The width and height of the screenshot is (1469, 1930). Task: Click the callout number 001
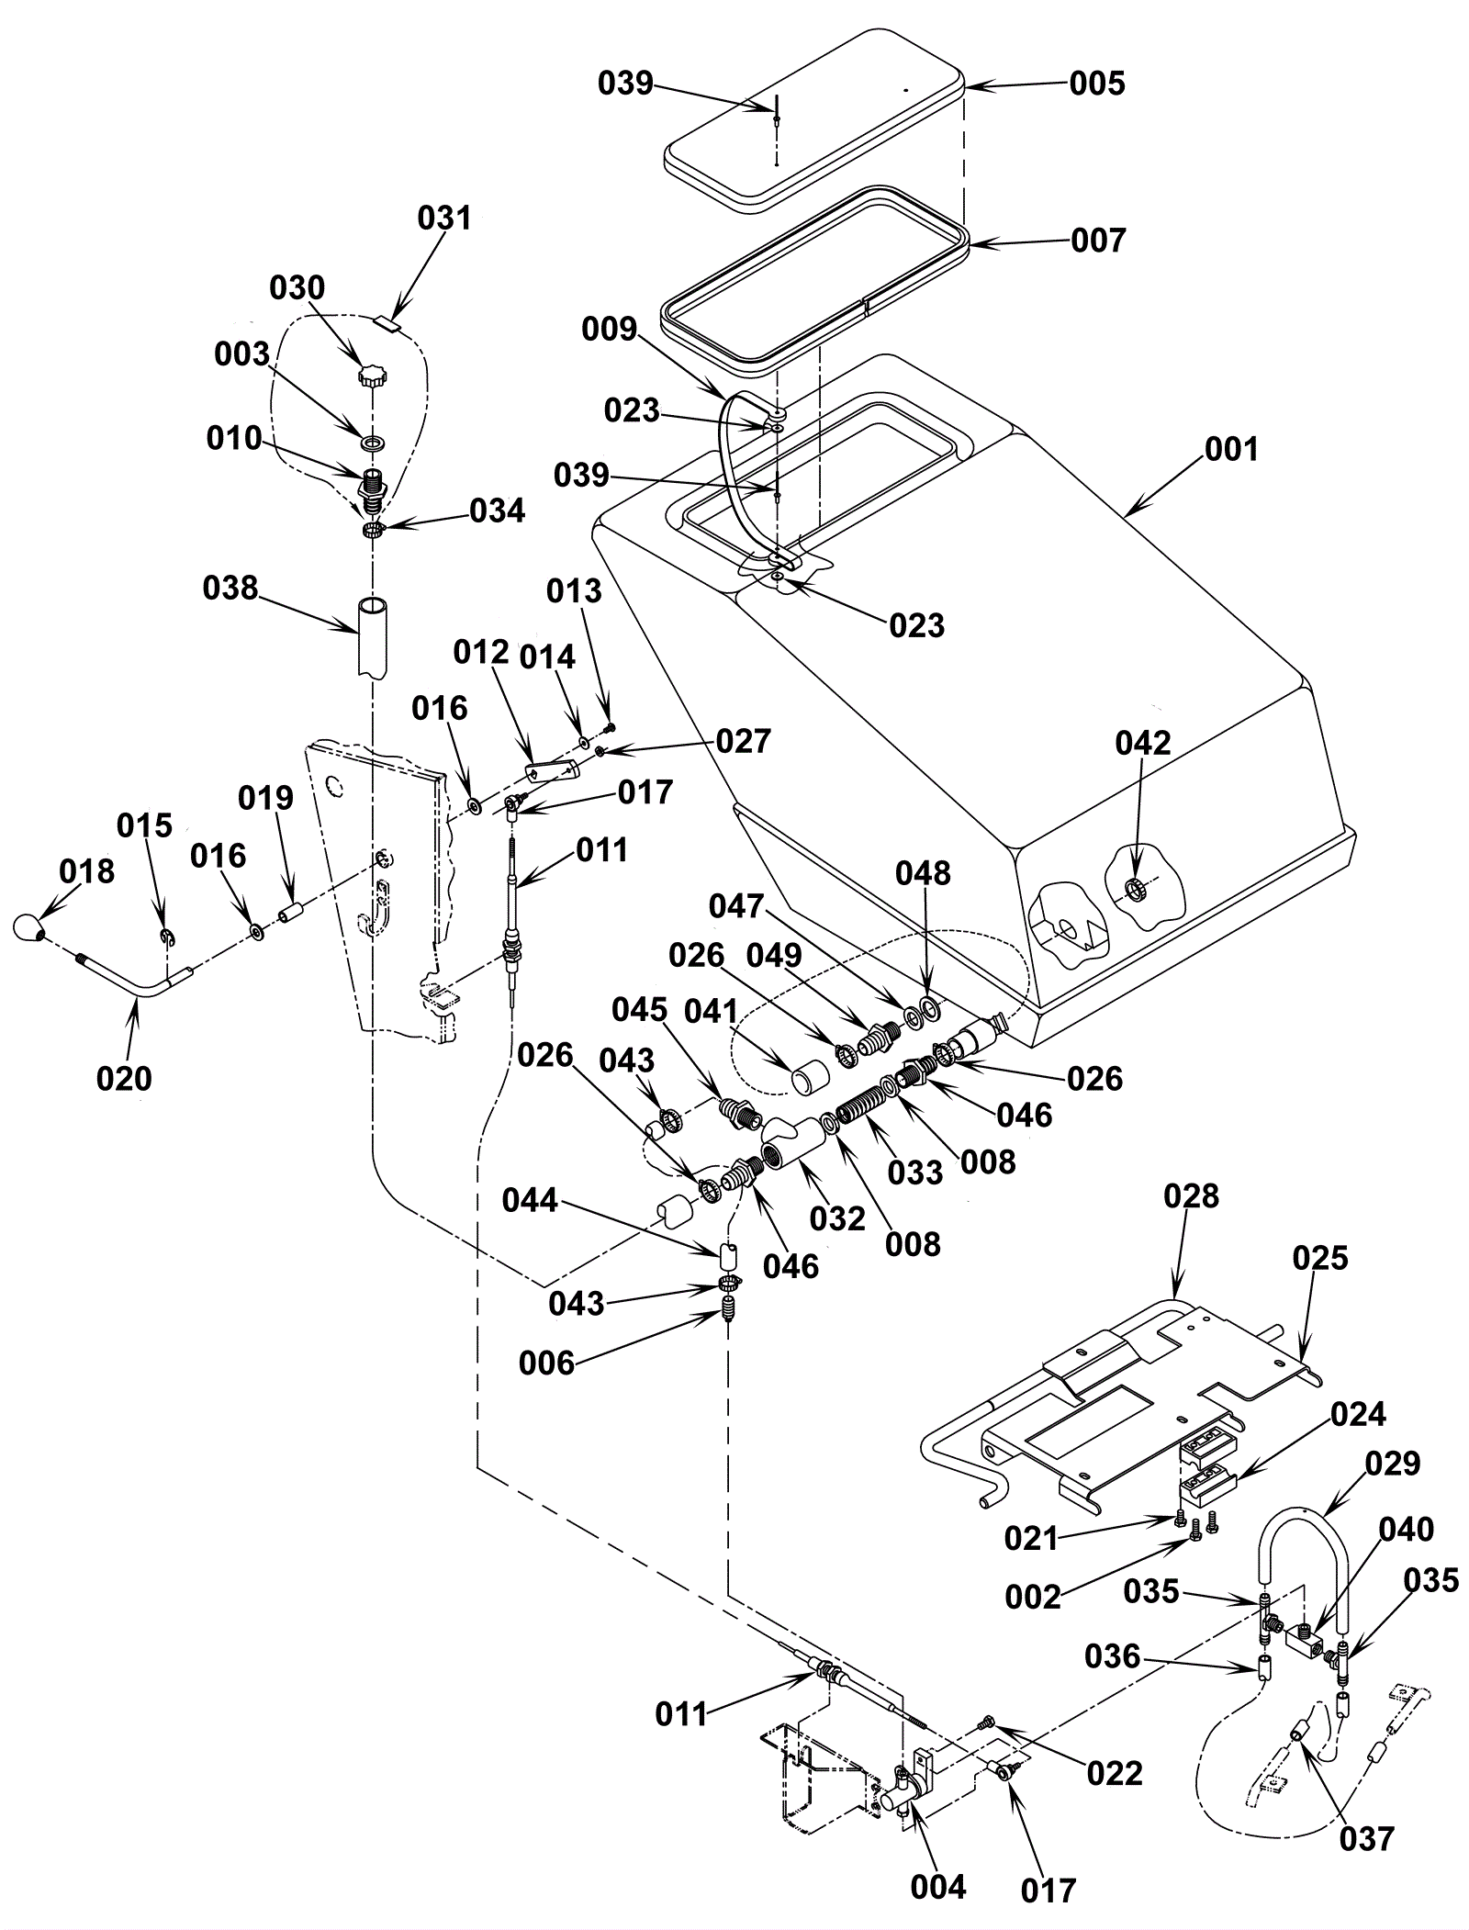pos(1230,449)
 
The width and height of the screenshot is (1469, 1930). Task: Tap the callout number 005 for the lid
pos(1097,83)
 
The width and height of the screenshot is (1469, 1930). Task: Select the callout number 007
pos(1098,240)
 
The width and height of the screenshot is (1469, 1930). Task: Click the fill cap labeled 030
pos(372,376)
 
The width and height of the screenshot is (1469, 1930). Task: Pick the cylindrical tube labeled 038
pos(372,635)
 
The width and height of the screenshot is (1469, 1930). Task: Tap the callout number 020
pos(124,1077)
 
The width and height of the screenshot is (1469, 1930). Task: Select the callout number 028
pos(1191,1195)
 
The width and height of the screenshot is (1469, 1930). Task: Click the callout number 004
pos(938,1888)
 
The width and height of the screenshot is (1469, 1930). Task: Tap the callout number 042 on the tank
pos(1143,743)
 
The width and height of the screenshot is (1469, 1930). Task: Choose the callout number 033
pos(916,1172)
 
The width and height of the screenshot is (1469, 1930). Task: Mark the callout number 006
pos(546,1363)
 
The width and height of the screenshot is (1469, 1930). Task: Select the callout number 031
pos(444,218)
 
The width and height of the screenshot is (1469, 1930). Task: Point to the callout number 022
pos(1115,1773)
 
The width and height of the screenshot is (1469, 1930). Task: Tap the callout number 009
pos(609,328)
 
